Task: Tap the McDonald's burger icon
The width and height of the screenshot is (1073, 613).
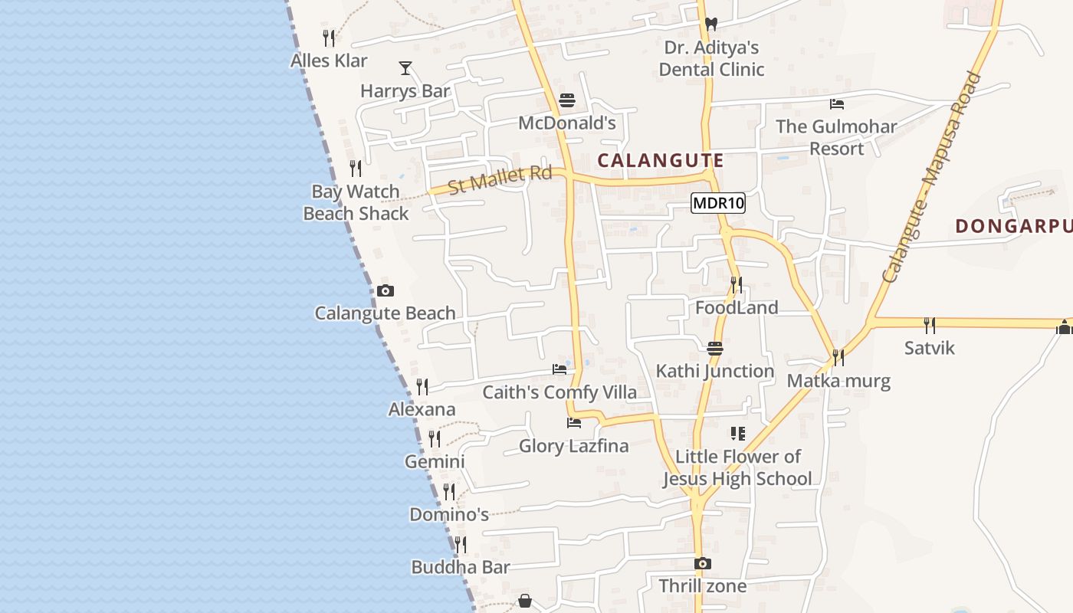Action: click(x=567, y=100)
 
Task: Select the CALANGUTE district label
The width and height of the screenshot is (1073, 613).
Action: click(x=660, y=160)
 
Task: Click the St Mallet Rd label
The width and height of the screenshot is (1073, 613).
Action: click(x=500, y=179)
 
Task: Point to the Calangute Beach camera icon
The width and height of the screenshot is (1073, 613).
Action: click(x=386, y=290)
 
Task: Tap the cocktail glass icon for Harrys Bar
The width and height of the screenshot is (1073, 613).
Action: click(x=405, y=68)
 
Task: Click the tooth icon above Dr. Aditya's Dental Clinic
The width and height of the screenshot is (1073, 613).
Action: click(x=710, y=24)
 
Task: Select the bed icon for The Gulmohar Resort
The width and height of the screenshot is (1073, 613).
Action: click(x=837, y=103)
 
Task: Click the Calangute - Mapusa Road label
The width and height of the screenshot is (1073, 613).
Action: click(x=931, y=177)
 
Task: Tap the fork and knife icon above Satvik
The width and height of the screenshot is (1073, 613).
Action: click(x=930, y=325)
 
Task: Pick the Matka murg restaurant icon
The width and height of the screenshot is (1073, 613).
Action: click(x=838, y=357)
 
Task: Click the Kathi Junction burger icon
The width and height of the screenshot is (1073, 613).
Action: click(x=715, y=349)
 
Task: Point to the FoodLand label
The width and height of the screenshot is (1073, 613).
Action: click(x=737, y=308)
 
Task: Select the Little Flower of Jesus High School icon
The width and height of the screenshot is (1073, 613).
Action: click(x=737, y=434)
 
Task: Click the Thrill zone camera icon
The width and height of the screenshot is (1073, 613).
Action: click(x=702, y=564)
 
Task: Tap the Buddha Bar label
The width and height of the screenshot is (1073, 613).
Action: click(x=461, y=568)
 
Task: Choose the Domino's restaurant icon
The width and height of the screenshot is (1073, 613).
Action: click(x=449, y=491)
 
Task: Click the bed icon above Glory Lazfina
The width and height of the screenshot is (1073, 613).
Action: click(x=573, y=422)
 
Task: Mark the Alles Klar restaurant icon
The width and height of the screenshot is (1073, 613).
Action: click(x=329, y=38)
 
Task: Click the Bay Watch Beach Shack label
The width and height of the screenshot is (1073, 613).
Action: click(x=356, y=202)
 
